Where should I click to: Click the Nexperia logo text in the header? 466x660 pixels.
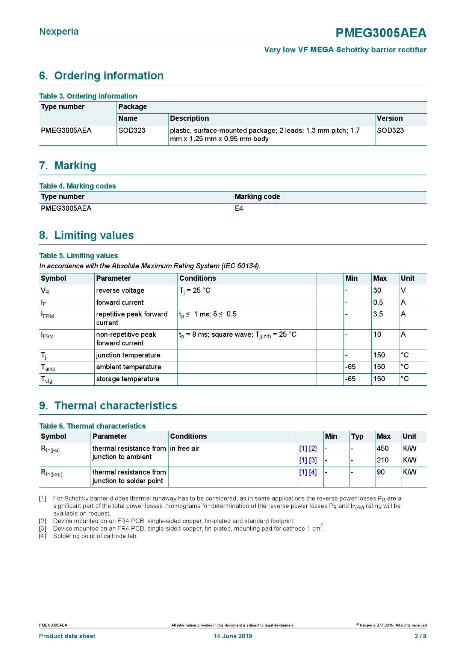point(59,32)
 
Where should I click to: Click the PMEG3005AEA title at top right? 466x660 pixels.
point(381,33)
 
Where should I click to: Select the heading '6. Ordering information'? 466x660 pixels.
point(101,76)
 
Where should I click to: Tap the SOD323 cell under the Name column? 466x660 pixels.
point(132,131)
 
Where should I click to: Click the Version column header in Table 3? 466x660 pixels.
point(390,119)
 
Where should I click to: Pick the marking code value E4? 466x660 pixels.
point(239,208)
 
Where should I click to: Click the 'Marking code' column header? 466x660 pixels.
point(257,197)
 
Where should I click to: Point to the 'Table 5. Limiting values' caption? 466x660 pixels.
point(79,256)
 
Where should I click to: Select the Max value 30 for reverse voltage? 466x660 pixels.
point(377,290)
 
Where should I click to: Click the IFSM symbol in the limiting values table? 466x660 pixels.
point(47,335)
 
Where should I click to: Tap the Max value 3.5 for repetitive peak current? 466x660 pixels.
point(378,314)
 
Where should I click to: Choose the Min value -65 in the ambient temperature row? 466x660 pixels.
point(350,367)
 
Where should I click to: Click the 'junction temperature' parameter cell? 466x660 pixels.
point(128,355)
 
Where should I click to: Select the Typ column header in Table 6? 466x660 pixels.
point(357,436)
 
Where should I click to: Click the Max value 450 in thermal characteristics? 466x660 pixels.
point(383,449)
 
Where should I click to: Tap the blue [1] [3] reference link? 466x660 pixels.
point(308,460)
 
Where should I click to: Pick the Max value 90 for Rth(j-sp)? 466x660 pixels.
point(381,472)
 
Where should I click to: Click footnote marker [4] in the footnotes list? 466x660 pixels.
point(42,536)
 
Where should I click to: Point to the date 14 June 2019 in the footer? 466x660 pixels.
point(233,636)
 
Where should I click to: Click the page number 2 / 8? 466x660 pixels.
point(420,636)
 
